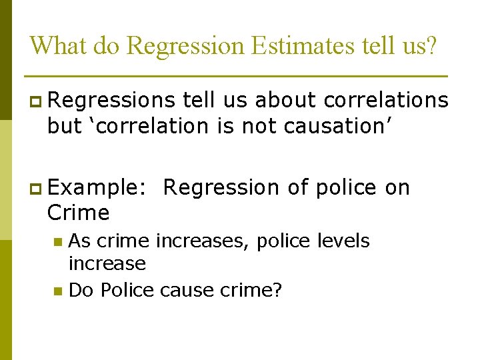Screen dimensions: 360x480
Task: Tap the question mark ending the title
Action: point(431,45)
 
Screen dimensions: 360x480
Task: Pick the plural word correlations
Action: point(386,100)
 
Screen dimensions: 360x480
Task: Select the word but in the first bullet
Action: point(64,126)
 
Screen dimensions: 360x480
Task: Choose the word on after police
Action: point(397,188)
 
